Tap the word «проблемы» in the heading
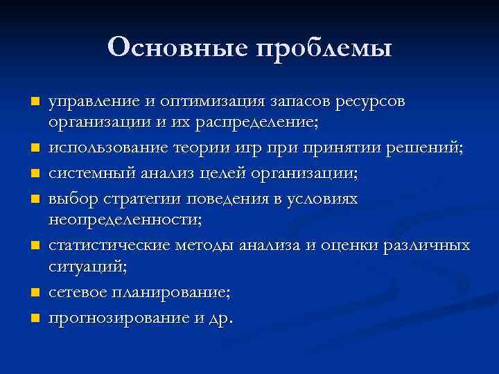pyautogui.click(x=324, y=48)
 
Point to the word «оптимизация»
pyautogui.click(x=209, y=102)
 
